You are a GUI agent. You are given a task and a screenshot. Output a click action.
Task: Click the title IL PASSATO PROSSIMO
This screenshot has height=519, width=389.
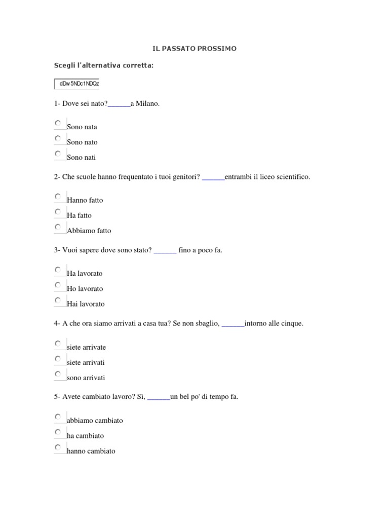(x=194, y=49)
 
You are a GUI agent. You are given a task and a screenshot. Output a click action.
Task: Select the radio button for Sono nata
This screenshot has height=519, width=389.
(x=58, y=123)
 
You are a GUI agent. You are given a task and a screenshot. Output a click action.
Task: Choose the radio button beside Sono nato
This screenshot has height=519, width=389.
(x=58, y=138)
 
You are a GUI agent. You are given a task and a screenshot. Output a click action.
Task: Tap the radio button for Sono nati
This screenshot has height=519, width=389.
(x=58, y=154)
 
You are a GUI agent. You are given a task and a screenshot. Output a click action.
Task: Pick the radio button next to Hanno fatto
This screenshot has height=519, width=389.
(x=58, y=196)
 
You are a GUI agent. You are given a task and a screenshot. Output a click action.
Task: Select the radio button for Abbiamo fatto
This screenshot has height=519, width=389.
(x=58, y=227)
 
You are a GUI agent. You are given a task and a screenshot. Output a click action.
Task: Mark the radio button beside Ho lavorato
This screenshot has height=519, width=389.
(x=58, y=285)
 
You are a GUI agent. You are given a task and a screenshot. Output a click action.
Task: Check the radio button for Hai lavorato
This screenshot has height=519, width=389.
(x=58, y=300)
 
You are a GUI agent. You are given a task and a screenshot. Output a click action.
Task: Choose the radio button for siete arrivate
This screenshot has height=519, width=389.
(x=58, y=344)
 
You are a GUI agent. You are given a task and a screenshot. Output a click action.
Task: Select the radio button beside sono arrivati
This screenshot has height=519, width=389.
(x=58, y=374)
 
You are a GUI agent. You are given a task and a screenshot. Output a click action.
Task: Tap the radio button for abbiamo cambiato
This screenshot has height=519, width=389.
(x=58, y=417)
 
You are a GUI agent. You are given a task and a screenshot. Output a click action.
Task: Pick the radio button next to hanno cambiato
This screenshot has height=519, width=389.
(x=58, y=447)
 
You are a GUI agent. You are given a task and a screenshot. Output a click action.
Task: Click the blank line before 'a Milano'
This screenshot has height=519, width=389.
(x=119, y=104)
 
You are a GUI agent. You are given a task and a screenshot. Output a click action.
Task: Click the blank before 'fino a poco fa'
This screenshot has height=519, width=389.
(x=165, y=250)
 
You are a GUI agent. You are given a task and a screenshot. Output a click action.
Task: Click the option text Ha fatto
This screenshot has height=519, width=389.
(x=79, y=215)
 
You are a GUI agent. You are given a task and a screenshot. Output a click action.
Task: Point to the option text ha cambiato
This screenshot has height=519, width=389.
(x=85, y=435)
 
